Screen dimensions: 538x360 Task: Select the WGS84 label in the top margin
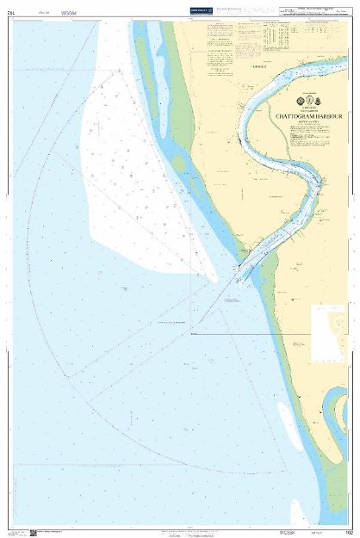pyautogui.click(x=70, y=13)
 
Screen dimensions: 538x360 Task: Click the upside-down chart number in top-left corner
pyautogui.click(x=11, y=13)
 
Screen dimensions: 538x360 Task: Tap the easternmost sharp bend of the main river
pyautogui.click(x=321, y=182)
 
